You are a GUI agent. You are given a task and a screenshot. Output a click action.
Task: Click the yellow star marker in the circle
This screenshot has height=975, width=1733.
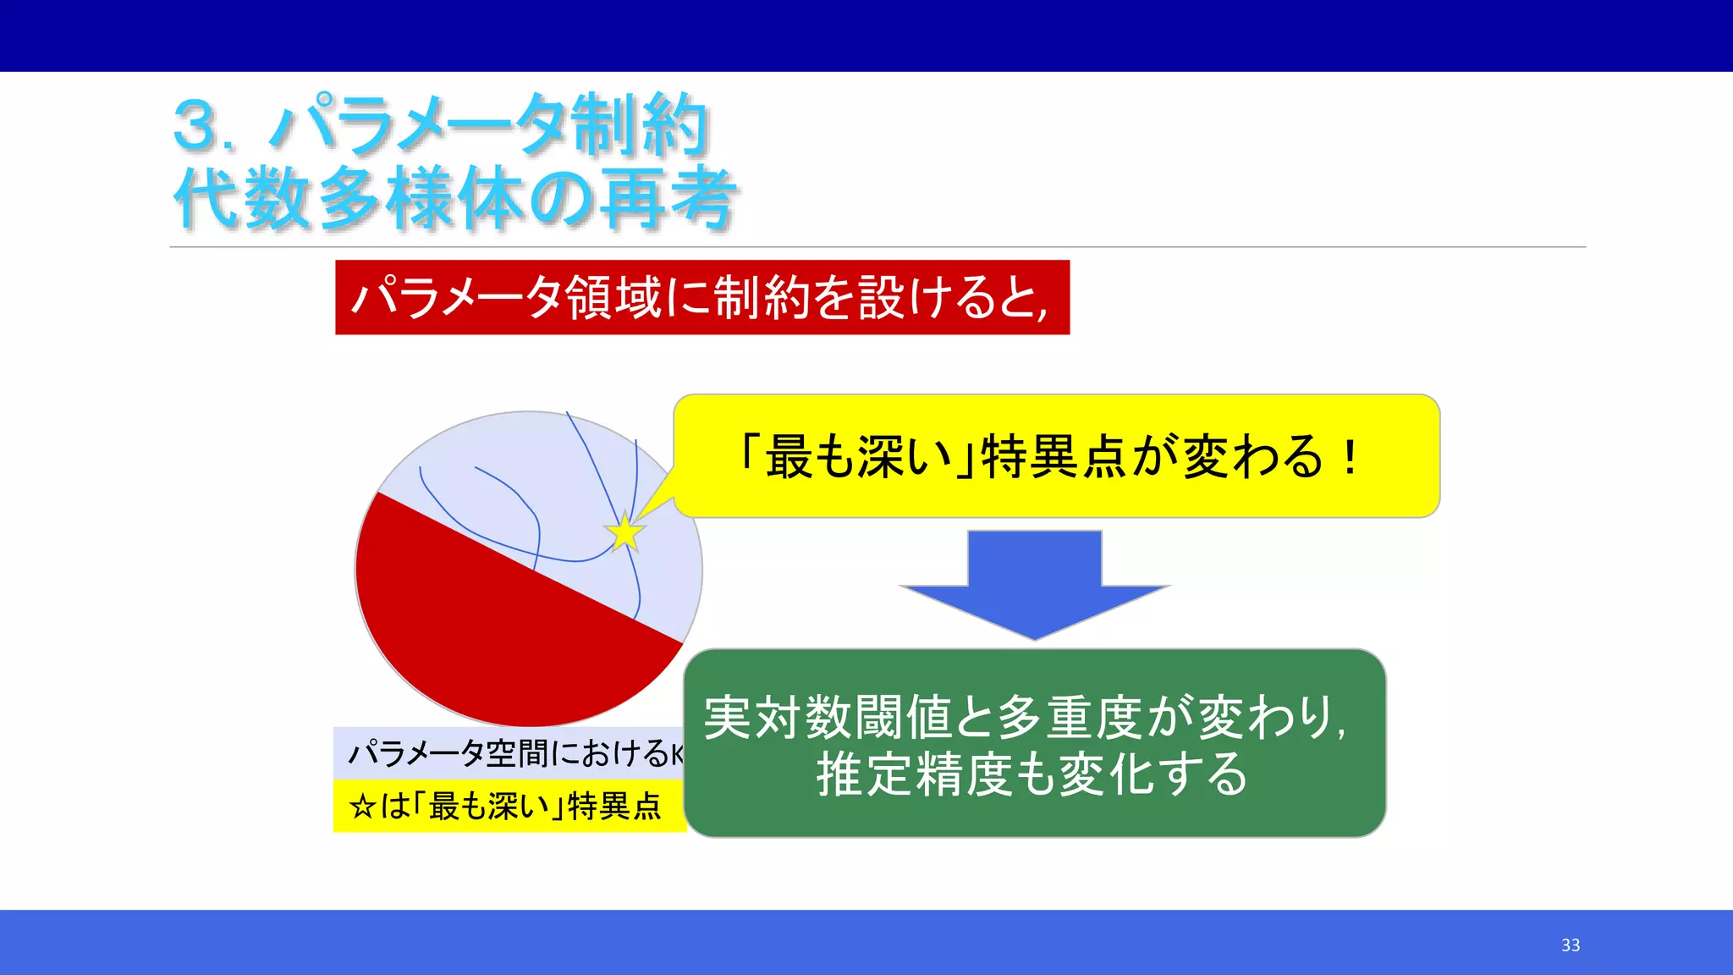[x=624, y=533]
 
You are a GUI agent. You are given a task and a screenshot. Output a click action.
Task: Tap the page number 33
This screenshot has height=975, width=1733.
[x=1571, y=945]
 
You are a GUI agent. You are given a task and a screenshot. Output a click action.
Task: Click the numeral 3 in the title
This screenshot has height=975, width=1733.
[x=196, y=125]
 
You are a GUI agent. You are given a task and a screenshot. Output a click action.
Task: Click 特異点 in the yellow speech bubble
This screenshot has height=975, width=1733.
[x=1054, y=457]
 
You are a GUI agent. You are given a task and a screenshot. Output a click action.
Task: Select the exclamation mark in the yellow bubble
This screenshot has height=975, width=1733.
[x=1351, y=457]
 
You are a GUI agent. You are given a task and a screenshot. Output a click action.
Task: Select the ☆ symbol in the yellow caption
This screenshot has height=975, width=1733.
[x=362, y=807]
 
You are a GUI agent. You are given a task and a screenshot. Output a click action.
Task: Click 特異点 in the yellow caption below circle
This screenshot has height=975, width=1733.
[x=613, y=807]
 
